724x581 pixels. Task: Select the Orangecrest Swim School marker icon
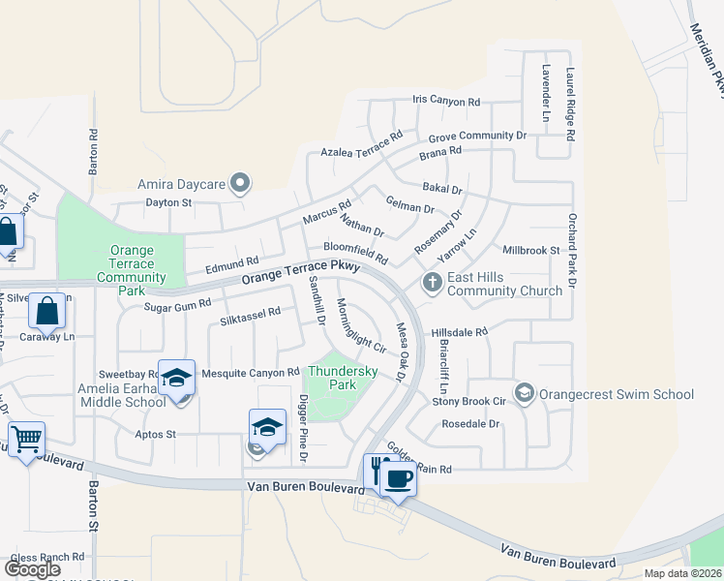click(x=525, y=393)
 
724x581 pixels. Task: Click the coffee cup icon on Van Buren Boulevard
click(x=398, y=476)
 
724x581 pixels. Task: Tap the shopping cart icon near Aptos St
click(x=26, y=440)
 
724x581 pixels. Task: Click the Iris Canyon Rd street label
click(x=446, y=101)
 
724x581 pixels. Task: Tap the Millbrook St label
click(x=532, y=250)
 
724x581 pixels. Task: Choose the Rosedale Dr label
click(x=470, y=424)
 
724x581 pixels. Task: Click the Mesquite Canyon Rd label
click(x=251, y=372)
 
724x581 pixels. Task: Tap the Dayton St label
click(x=170, y=202)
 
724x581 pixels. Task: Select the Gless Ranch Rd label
click(x=47, y=557)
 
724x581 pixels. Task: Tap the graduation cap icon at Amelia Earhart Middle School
click(x=177, y=378)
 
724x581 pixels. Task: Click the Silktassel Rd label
click(x=250, y=314)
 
